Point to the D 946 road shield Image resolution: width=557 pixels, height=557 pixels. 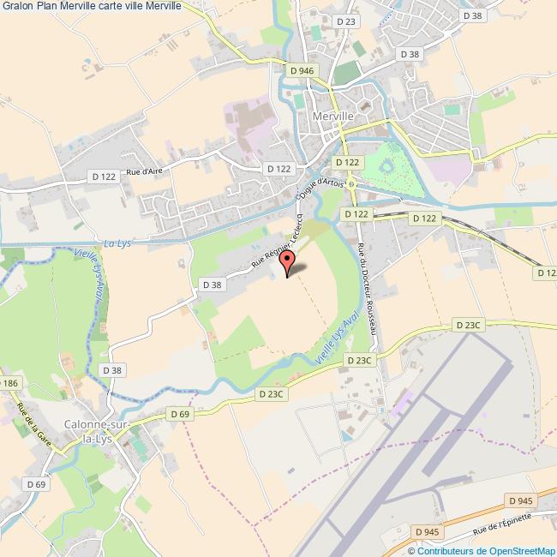pos(302,70)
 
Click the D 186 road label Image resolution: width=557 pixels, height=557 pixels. pos(9,383)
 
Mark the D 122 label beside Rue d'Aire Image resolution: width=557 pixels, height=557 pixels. pos(103,176)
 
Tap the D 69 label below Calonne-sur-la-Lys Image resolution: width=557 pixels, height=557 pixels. pos(35,484)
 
